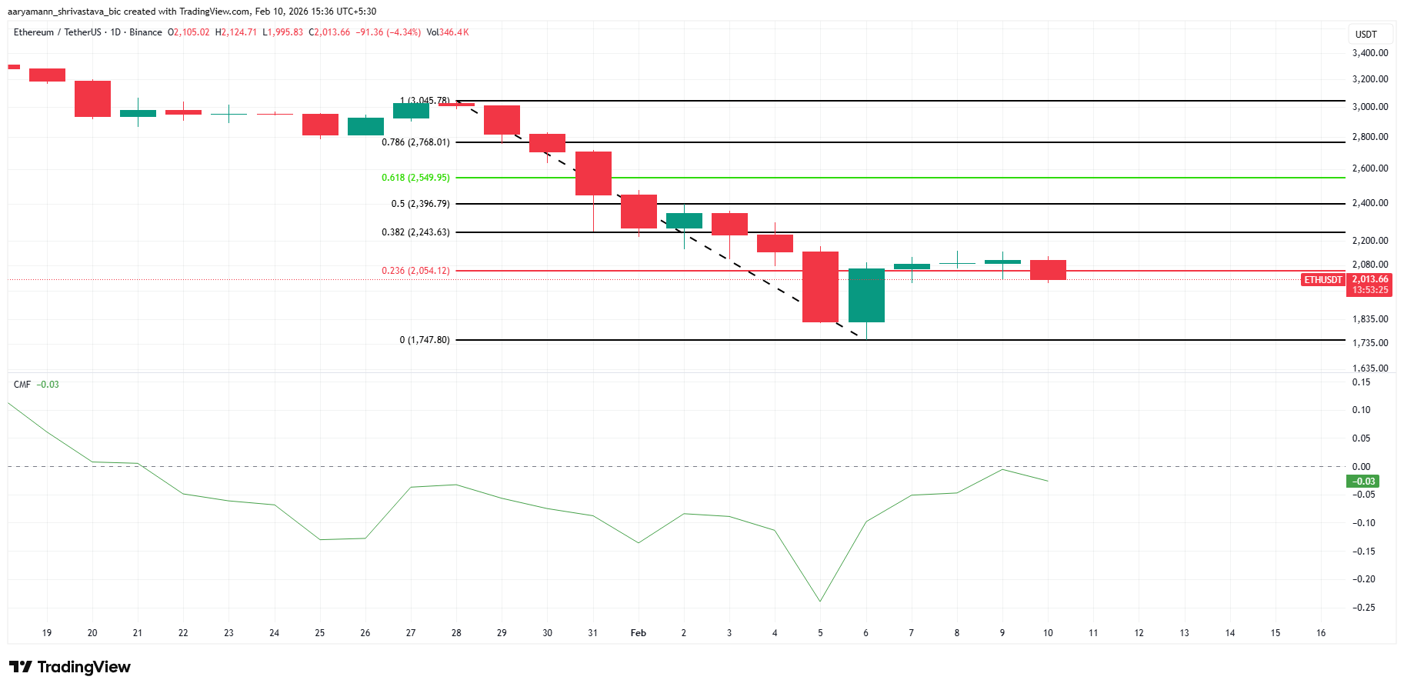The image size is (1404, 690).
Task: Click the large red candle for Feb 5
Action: [820, 286]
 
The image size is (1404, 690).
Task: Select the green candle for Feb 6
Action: [866, 295]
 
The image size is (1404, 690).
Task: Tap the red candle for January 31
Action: [593, 173]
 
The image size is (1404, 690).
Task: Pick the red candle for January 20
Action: [92, 98]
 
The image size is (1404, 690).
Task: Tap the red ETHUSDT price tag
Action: [1322, 280]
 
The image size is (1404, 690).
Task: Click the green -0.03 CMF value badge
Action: [1362, 482]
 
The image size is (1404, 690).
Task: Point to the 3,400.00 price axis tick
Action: [1369, 53]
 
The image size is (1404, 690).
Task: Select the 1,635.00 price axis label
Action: [1369, 368]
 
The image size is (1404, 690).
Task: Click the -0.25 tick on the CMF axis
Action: [1365, 608]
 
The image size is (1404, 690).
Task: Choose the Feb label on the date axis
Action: [638, 633]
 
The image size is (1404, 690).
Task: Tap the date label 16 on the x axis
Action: [1321, 633]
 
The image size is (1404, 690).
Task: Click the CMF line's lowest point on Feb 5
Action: [820, 602]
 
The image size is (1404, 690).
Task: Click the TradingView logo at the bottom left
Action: [70, 667]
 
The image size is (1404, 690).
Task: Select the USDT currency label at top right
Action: [1366, 35]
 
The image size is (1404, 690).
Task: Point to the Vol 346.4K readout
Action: [448, 32]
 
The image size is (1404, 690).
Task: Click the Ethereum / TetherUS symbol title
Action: [58, 32]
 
